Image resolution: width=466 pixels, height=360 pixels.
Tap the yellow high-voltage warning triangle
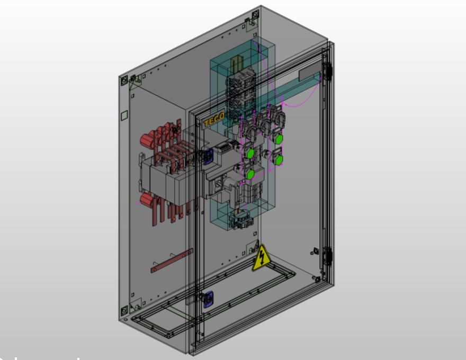(x=261, y=259)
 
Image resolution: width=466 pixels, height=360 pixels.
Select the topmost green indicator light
(x=279, y=139)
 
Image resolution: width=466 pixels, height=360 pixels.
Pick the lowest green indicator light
(x=250, y=174)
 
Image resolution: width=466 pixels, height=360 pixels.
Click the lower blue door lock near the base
(x=208, y=299)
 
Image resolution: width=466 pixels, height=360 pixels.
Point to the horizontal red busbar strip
(x=172, y=261)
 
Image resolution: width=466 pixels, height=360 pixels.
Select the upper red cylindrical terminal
(x=148, y=140)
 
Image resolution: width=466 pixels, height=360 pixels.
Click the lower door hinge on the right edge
(x=328, y=256)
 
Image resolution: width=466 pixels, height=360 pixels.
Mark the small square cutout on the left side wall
(x=124, y=115)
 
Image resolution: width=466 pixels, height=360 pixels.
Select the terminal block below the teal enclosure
(x=241, y=220)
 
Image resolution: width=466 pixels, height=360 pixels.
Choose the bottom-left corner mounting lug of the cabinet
(x=124, y=310)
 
